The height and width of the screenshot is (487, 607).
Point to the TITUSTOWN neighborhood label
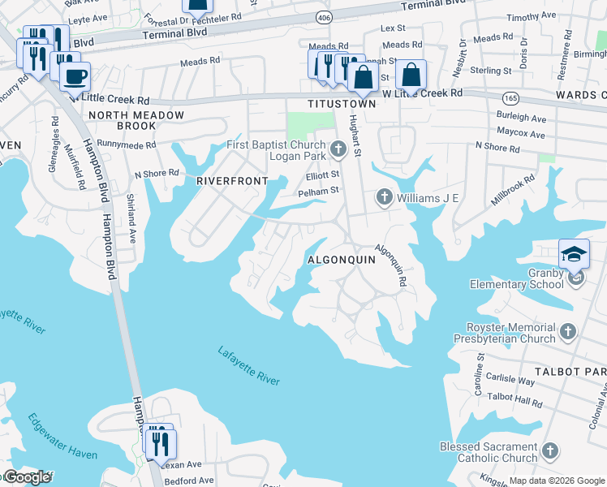click(342, 105)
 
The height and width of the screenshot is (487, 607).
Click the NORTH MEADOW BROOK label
click(136, 120)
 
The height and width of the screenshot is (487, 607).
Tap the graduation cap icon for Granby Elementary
click(574, 253)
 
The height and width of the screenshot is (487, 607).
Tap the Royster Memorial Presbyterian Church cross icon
click(568, 331)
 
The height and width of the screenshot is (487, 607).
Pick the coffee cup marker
click(75, 77)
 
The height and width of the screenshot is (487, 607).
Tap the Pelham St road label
click(316, 191)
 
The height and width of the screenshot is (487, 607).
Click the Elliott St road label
click(322, 175)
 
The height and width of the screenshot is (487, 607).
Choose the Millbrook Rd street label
click(513, 192)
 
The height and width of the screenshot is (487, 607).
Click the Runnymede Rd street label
click(126, 144)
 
